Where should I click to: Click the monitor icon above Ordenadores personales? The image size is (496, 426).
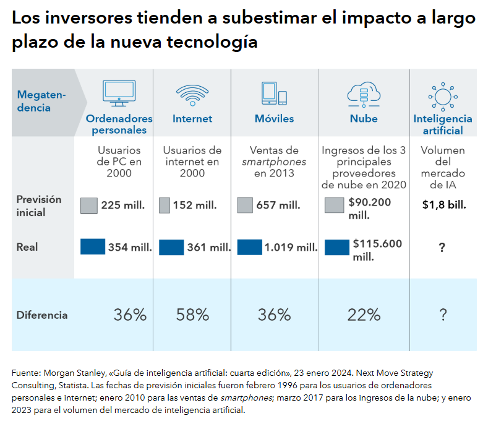coord(119,93)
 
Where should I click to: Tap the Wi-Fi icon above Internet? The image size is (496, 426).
coord(192,93)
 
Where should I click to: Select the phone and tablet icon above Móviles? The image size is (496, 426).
coord(274,93)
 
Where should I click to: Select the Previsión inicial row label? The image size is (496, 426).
coord(39,206)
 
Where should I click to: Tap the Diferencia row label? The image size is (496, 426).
coord(42,315)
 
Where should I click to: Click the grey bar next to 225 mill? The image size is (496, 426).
coord(89,206)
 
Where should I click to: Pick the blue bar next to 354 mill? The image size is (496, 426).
coord(93,246)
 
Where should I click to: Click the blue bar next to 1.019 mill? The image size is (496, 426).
coord(249,246)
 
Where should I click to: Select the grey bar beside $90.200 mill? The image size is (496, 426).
coord(334,206)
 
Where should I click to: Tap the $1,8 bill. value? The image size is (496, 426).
coord(443,204)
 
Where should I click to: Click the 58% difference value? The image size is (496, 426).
coord(192,315)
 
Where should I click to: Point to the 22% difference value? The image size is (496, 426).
coord(364,315)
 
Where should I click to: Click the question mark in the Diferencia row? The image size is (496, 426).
coord(443,315)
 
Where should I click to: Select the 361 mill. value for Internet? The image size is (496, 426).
coord(209,247)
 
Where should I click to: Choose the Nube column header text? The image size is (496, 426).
coord(364,118)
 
